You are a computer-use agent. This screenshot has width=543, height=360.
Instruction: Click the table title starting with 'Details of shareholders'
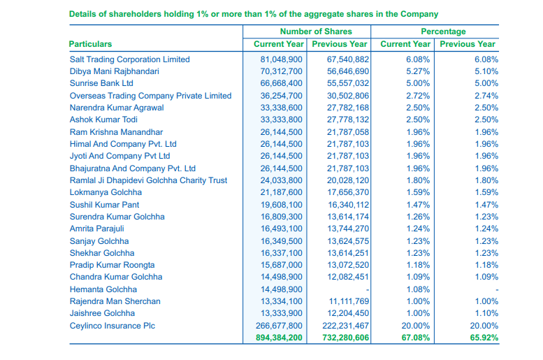254,14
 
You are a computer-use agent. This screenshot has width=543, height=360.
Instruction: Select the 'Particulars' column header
90,44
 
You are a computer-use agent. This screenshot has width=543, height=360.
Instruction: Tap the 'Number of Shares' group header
316,31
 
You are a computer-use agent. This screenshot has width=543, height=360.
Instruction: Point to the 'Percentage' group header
443,31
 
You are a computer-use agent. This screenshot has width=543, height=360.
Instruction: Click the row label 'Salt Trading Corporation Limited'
129,59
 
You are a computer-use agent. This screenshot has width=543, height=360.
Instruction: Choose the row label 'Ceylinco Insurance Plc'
112,326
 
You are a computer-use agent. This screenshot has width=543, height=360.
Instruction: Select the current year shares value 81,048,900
282,59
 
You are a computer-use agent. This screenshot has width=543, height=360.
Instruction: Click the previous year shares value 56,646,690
348,71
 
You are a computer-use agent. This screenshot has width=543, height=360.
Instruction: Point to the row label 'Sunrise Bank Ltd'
101,83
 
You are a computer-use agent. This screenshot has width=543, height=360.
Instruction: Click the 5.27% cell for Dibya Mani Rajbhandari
418,71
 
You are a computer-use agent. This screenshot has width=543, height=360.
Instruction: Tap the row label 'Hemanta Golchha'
103,289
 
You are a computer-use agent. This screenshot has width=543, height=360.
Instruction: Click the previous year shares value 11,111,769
348,301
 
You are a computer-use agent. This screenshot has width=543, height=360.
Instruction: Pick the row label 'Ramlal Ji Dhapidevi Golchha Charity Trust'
148,180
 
